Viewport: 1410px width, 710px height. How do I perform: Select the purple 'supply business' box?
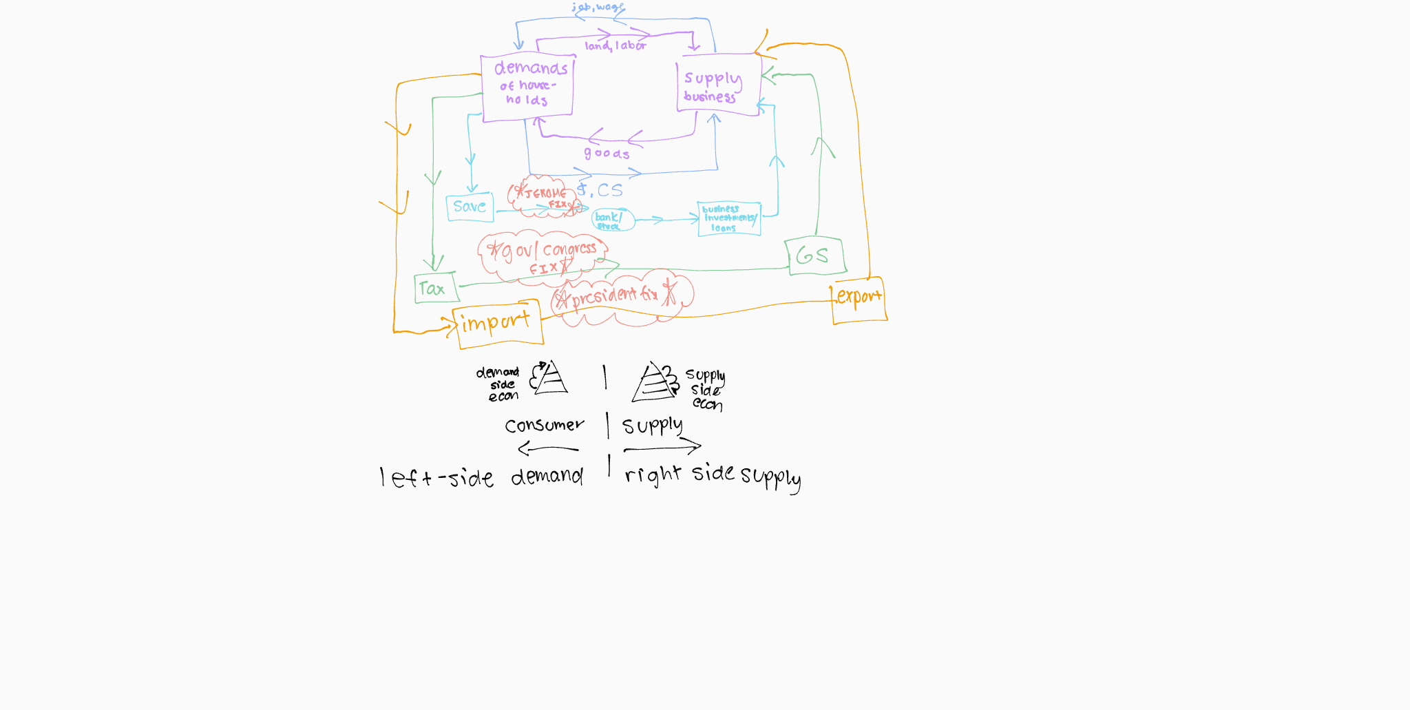[x=719, y=85]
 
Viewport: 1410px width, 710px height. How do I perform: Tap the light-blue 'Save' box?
[x=470, y=207]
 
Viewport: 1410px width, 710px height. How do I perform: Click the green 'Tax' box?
[x=436, y=288]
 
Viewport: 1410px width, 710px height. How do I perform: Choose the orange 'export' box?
[x=859, y=300]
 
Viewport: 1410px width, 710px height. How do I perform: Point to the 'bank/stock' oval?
[x=613, y=220]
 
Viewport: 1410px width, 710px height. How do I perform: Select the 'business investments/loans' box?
[x=729, y=219]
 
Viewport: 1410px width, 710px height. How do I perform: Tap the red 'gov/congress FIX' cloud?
[x=542, y=256]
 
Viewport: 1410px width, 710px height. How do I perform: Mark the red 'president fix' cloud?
[x=622, y=297]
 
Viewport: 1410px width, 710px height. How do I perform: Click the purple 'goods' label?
[x=607, y=154]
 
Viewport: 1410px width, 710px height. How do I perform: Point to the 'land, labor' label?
[x=615, y=46]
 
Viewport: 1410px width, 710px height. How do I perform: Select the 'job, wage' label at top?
[x=598, y=8]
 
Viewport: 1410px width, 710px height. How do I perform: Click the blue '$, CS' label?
[x=600, y=190]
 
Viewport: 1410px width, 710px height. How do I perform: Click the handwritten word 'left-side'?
[x=436, y=477]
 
